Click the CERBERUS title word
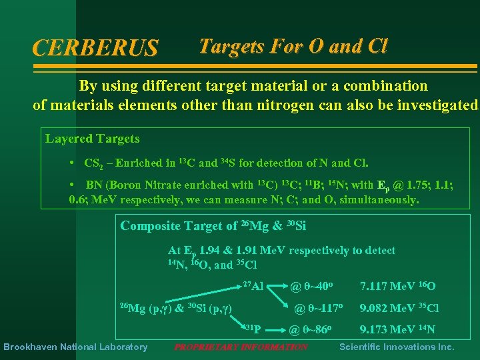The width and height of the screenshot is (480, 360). [x=95, y=48]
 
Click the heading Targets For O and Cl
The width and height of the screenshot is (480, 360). [x=293, y=46]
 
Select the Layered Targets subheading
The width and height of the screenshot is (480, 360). [x=92, y=139]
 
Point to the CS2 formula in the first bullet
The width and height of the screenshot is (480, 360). [x=95, y=163]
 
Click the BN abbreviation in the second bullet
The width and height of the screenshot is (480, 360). [x=93, y=185]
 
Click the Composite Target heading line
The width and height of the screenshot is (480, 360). [x=213, y=226]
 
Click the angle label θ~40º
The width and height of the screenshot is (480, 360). [x=311, y=287]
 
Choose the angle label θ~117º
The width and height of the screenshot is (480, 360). [x=318, y=308]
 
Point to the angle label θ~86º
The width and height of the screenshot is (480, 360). [x=311, y=329]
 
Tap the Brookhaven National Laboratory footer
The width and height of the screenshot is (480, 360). [x=75, y=347]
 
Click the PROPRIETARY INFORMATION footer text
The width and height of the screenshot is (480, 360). [x=241, y=347]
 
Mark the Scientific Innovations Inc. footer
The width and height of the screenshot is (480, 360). [x=397, y=347]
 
